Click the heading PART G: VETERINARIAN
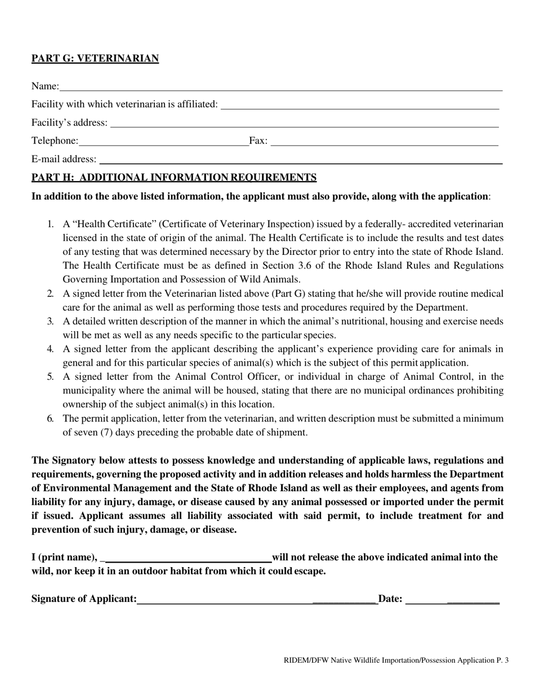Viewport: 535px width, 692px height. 95,59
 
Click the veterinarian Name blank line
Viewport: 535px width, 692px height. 280,87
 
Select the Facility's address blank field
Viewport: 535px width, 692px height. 304,124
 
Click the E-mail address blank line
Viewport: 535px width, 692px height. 300,160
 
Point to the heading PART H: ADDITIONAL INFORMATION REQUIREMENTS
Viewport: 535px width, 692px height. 174,178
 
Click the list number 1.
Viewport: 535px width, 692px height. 50,224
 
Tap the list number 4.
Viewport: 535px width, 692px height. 50,349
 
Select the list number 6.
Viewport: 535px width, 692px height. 50,419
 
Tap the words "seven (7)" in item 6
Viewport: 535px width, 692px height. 90,433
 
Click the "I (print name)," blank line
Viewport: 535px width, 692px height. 187,559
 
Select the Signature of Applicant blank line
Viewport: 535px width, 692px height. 256,600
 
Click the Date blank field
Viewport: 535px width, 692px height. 452,600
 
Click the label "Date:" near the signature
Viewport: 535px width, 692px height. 390,599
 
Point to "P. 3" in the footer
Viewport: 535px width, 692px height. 502,660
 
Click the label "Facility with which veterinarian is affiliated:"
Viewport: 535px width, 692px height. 124,105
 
